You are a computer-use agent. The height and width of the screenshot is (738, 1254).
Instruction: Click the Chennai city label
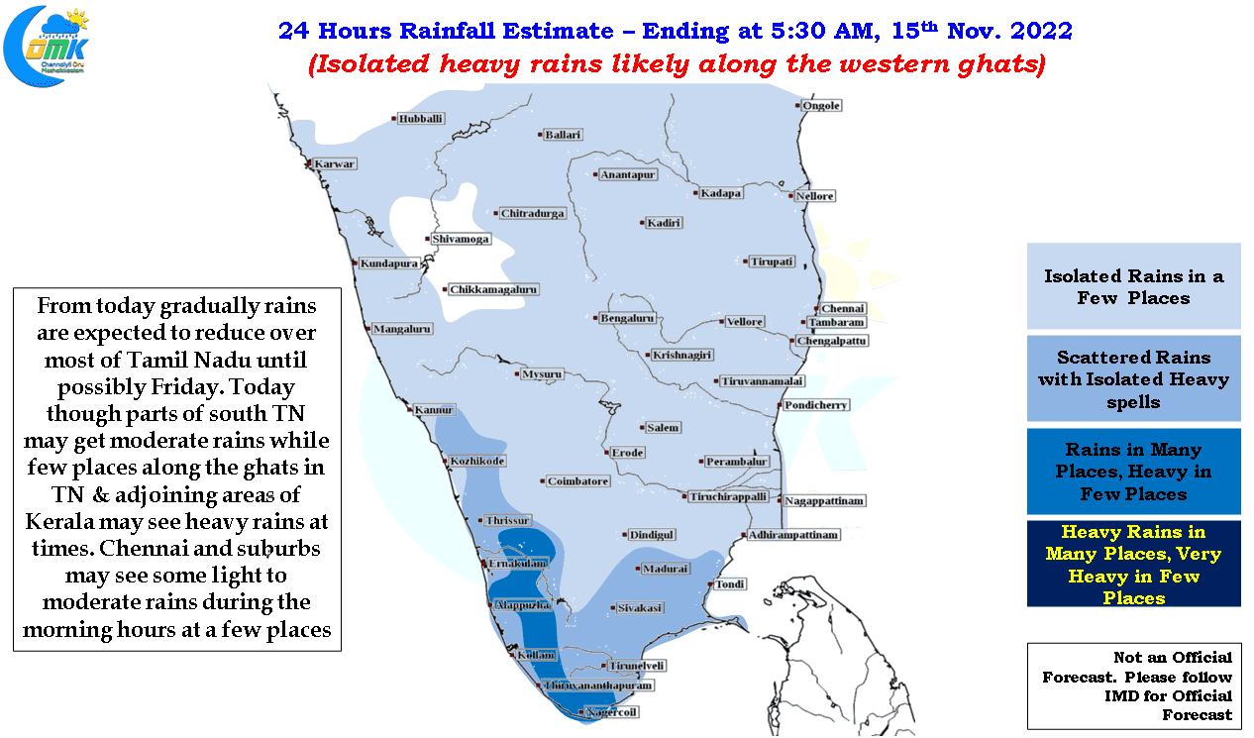click(843, 308)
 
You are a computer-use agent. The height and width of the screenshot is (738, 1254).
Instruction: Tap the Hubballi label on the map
click(420, 118)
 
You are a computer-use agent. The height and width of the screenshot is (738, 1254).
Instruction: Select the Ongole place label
click(821, 105)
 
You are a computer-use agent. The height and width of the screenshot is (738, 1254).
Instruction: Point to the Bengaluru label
click(627, 318)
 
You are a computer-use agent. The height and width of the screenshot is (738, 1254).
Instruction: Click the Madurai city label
click(665, 569)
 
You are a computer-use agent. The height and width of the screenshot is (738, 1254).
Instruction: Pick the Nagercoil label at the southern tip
click(611, 711)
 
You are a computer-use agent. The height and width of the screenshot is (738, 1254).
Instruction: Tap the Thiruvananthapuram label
click(598, 685)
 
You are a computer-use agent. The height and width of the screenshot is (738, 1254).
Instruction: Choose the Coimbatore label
click(577, 480)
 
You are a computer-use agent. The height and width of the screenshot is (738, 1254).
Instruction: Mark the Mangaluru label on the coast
click(402, 328)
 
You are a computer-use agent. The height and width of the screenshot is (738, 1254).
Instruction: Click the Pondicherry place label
click(815, 404)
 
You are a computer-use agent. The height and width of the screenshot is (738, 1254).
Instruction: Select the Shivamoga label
click(461, 239)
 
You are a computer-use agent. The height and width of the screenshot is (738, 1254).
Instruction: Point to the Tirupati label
click(772, 261)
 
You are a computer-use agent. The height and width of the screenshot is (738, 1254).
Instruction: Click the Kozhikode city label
click(477, 461)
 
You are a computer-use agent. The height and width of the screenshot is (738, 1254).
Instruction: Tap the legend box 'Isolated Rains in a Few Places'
click(1133, 286)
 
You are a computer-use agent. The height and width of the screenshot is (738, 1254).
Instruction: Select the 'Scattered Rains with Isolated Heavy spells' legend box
click(1133, 378)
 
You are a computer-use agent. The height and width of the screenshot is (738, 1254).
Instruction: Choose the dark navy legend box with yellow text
click(1133, 564)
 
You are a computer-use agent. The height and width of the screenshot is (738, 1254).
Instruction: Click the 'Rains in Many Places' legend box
click(1133, 471)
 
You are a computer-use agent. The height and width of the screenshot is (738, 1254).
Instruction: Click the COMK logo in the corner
click(46, 46)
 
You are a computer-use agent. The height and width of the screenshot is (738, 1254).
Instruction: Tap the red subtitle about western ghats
click(677, 63)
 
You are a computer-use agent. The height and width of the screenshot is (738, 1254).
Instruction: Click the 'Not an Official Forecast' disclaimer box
click(1134, 685)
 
